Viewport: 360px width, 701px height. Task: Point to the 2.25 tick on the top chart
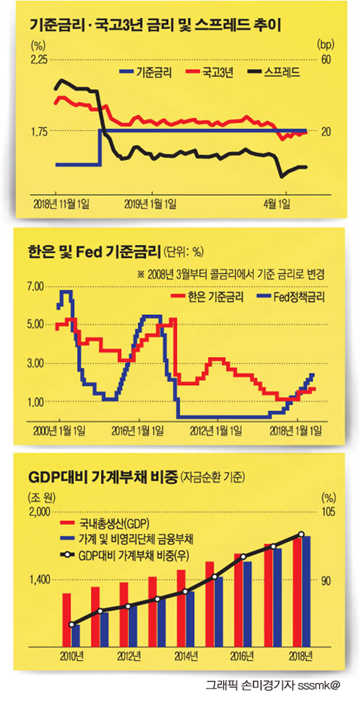point(39,59)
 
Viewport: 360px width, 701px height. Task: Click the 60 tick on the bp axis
point(326,59)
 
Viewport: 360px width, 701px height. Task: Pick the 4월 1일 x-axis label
point(277,204)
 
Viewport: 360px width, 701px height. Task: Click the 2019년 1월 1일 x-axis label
point(150,204)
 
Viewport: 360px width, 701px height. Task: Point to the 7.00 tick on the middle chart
point(35,287)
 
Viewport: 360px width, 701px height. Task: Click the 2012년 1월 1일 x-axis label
point(216,430)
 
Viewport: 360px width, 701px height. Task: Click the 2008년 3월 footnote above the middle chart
point(231,274)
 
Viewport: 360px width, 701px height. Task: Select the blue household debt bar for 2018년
point(306,591)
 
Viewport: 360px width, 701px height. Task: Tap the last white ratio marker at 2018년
point(302,534)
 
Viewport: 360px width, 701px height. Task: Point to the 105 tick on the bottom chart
point(328,512)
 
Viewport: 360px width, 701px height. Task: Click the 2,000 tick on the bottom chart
point(40,512)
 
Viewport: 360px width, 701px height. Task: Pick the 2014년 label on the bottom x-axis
point(186,656)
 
